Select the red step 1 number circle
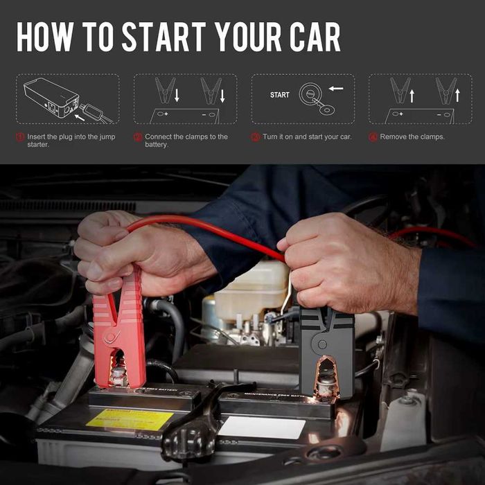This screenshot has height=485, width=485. (x=20, y=137)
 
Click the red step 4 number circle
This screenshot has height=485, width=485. (x=373, y=137)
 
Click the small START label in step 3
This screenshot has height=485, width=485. (x=280, y=95)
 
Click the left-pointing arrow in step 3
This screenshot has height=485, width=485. (x=336, y=89)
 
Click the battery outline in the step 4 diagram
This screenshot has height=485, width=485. (x=419, y=115)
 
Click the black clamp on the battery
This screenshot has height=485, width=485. (x=326, y=350)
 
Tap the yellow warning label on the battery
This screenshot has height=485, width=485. (x=129, y=419)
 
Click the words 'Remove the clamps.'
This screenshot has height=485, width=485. (x=412, y=137)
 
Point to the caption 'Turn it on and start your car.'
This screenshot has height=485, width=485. (x=307, y=137)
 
